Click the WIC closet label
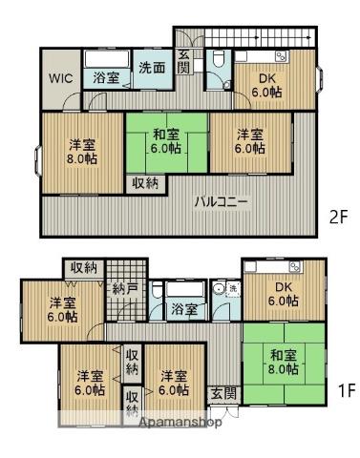(x=58, y=76)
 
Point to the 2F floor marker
(x=338, y=217)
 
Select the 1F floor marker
(x=345, y=390)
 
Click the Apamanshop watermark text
(x=180, y=422)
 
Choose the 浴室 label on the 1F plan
(x=184, y=310)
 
